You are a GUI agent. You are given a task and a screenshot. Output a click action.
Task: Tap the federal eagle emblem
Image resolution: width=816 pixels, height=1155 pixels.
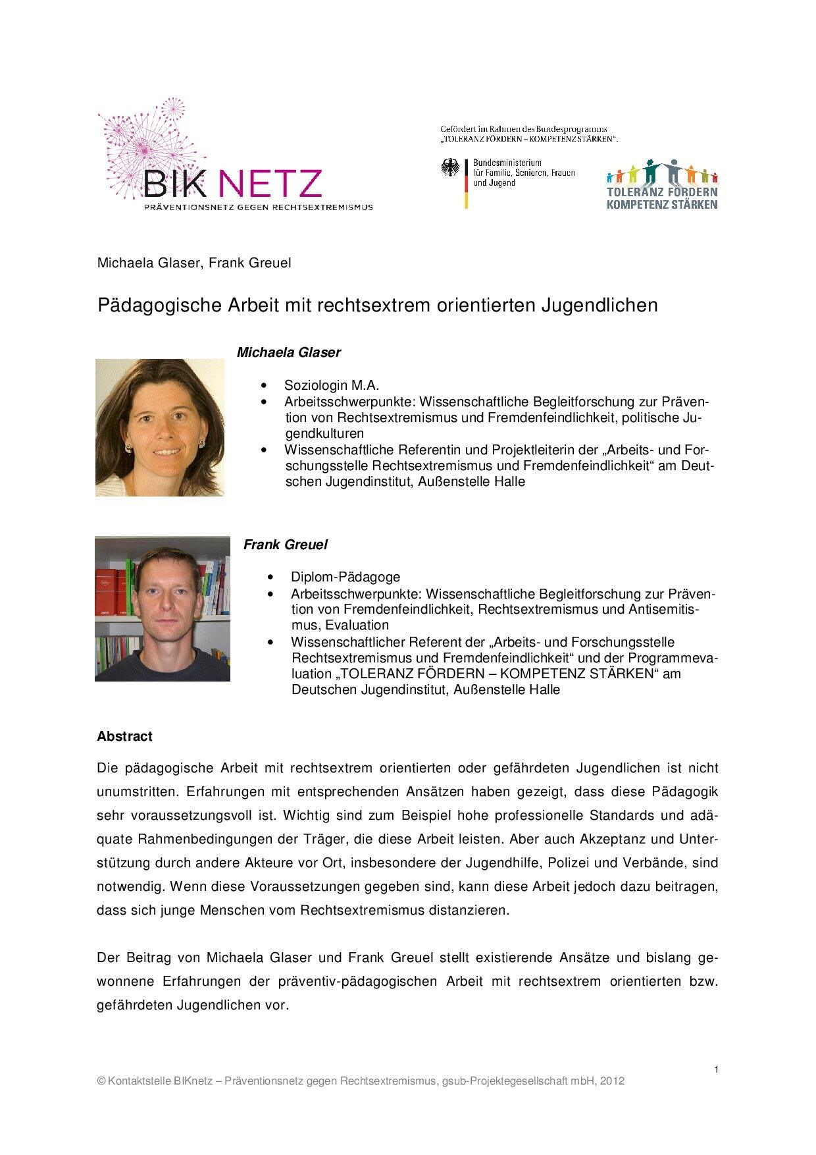[x=451, y=169]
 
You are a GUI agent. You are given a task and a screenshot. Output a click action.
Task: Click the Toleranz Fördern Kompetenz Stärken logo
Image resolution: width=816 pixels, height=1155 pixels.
[x=661, y=184]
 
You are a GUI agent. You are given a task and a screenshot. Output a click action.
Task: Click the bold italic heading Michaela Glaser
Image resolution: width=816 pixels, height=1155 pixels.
[x=288, y=352]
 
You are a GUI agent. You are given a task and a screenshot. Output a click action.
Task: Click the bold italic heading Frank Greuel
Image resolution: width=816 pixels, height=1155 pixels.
[x=285, y=545]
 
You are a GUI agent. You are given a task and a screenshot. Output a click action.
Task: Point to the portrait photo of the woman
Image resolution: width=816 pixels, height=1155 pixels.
[x=160, y=427]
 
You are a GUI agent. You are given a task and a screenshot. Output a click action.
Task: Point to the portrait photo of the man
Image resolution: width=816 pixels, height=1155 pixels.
[x=163, y=608]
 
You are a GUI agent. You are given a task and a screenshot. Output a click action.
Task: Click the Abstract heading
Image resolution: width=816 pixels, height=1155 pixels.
[x=124, y=736]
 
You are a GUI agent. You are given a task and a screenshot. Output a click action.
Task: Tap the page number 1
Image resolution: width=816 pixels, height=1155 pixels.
[x=716, y=1069]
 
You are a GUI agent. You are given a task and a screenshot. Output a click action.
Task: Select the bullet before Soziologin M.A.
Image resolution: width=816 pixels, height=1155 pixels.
[x=265, y=386]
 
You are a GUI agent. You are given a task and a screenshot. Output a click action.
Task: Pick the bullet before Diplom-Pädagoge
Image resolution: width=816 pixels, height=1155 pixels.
[x=271, y=577]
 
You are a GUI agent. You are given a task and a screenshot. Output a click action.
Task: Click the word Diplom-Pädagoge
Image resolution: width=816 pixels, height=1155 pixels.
[x=345, y=577]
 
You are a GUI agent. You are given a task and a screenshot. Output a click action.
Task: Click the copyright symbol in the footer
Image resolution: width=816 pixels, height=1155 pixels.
[x=101, y=1081]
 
